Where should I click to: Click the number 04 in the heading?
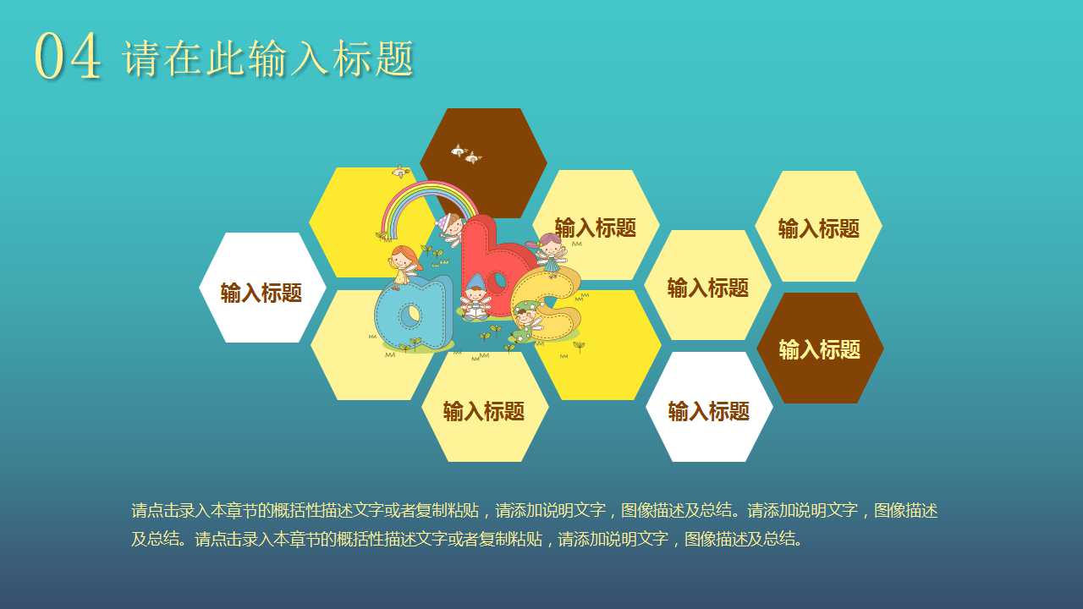tap(68, 58)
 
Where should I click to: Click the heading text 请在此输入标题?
tap(268, 59)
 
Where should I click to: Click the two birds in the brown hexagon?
tap(465, 154)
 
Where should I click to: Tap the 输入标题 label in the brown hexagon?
tap(819, 349)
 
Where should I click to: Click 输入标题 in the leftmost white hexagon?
tap(261, 293)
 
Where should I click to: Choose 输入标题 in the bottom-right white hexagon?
tap(709, 412)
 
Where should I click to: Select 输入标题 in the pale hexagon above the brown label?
tap(818, 228)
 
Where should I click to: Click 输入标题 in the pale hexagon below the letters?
tap(484, 412)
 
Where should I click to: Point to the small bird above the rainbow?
tap(400, 173)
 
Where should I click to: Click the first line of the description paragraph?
tap(534, 510)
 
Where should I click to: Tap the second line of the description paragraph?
tap(466, 539)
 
